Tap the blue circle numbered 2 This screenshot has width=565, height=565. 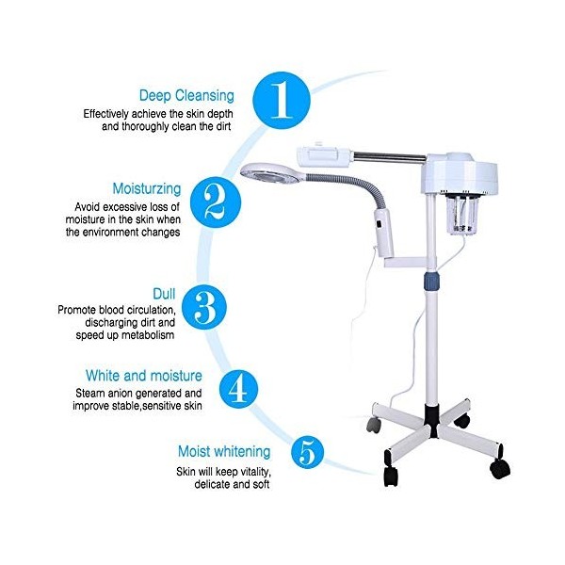[x=215, y=199]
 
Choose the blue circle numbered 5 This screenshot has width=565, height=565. [x=307, y=452]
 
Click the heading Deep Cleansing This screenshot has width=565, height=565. [x=187, y=95]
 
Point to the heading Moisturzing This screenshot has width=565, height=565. [x=140, y=188]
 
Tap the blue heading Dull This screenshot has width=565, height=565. [x=166, y=293]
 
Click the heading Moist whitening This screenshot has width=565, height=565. [x=224, y=452]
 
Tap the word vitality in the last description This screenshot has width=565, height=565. [x=247, y=470]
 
